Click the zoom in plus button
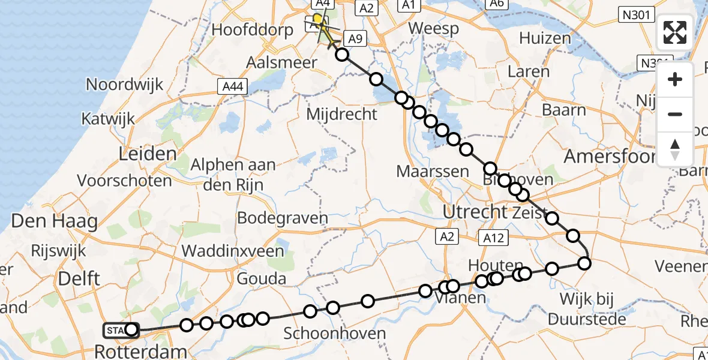pos(675,80)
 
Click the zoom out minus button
pos(675,114)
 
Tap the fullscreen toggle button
pos(675,32)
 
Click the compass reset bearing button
pos(675,148)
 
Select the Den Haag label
pos(54,221)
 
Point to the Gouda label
pos(262,279)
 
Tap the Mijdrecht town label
pos(341,113)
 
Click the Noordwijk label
pos(125,84)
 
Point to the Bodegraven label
pos(283,217)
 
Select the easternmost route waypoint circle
pos(584,263)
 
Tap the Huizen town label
pos(545,38)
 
